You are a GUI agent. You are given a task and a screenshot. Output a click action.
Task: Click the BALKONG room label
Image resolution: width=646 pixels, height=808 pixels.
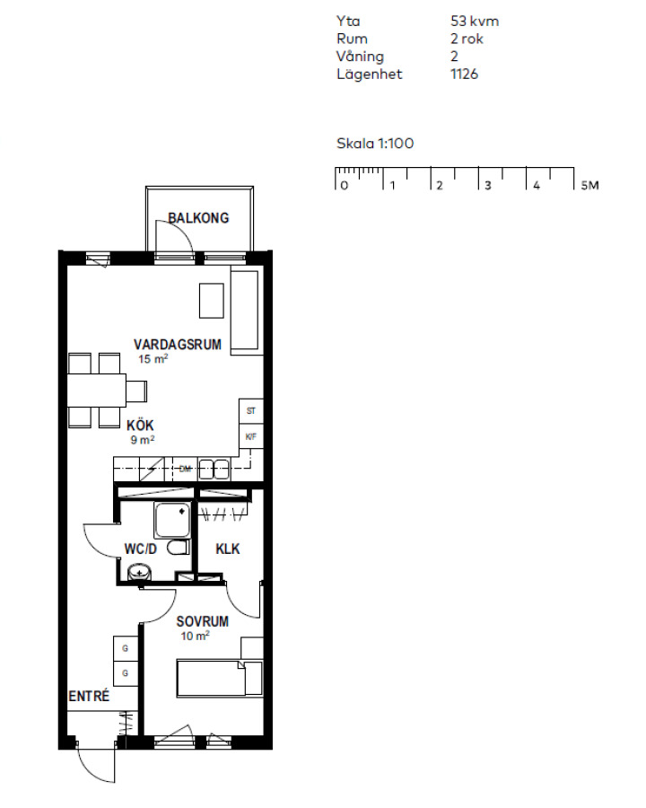tap(198, 218)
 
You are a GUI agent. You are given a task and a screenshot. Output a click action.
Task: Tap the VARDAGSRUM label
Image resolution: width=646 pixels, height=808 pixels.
tap(178, 344)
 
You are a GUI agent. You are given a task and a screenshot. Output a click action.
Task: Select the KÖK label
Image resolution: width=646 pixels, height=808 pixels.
tap(140, 426)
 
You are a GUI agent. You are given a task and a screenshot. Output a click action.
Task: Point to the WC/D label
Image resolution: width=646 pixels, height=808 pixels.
tap(140, 549)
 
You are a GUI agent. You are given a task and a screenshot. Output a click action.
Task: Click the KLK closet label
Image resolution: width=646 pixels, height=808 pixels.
tap(228, 549)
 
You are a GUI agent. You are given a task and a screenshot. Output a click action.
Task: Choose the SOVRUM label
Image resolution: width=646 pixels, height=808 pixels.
tap(203, 621)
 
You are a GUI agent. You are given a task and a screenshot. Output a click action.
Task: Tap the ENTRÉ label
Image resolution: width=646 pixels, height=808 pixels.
tap(89, 696)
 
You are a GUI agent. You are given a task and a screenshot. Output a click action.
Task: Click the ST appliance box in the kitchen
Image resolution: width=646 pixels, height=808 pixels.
tap(251, 411)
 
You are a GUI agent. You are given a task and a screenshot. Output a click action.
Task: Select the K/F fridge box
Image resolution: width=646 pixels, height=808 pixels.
tap(251, 436)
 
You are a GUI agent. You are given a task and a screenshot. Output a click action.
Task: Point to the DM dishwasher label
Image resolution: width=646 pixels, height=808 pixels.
tap(185, 469)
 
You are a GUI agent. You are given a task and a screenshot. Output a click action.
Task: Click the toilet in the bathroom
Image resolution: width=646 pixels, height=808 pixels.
tap(179, 548)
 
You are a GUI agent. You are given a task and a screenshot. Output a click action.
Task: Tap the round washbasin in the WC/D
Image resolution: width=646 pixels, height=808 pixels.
tap(139, 572)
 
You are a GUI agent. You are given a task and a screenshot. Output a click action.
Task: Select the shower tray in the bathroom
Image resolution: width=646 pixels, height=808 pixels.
tap(171, 521)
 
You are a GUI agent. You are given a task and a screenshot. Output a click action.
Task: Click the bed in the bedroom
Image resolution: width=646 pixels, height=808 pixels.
tap(220, 678)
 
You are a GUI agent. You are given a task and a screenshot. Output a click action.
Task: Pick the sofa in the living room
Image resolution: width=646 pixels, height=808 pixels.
tap(245, 312)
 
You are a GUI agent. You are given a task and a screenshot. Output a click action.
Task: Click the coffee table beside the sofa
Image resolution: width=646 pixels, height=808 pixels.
tap(212, 301)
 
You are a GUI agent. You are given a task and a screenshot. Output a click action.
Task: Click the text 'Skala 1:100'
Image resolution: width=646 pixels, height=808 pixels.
tap(375, 144)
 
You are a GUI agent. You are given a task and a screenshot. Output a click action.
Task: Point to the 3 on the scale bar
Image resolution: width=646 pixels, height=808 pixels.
tap(487, 186)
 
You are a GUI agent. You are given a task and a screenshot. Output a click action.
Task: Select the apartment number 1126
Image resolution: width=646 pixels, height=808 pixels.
tap(464, 75)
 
